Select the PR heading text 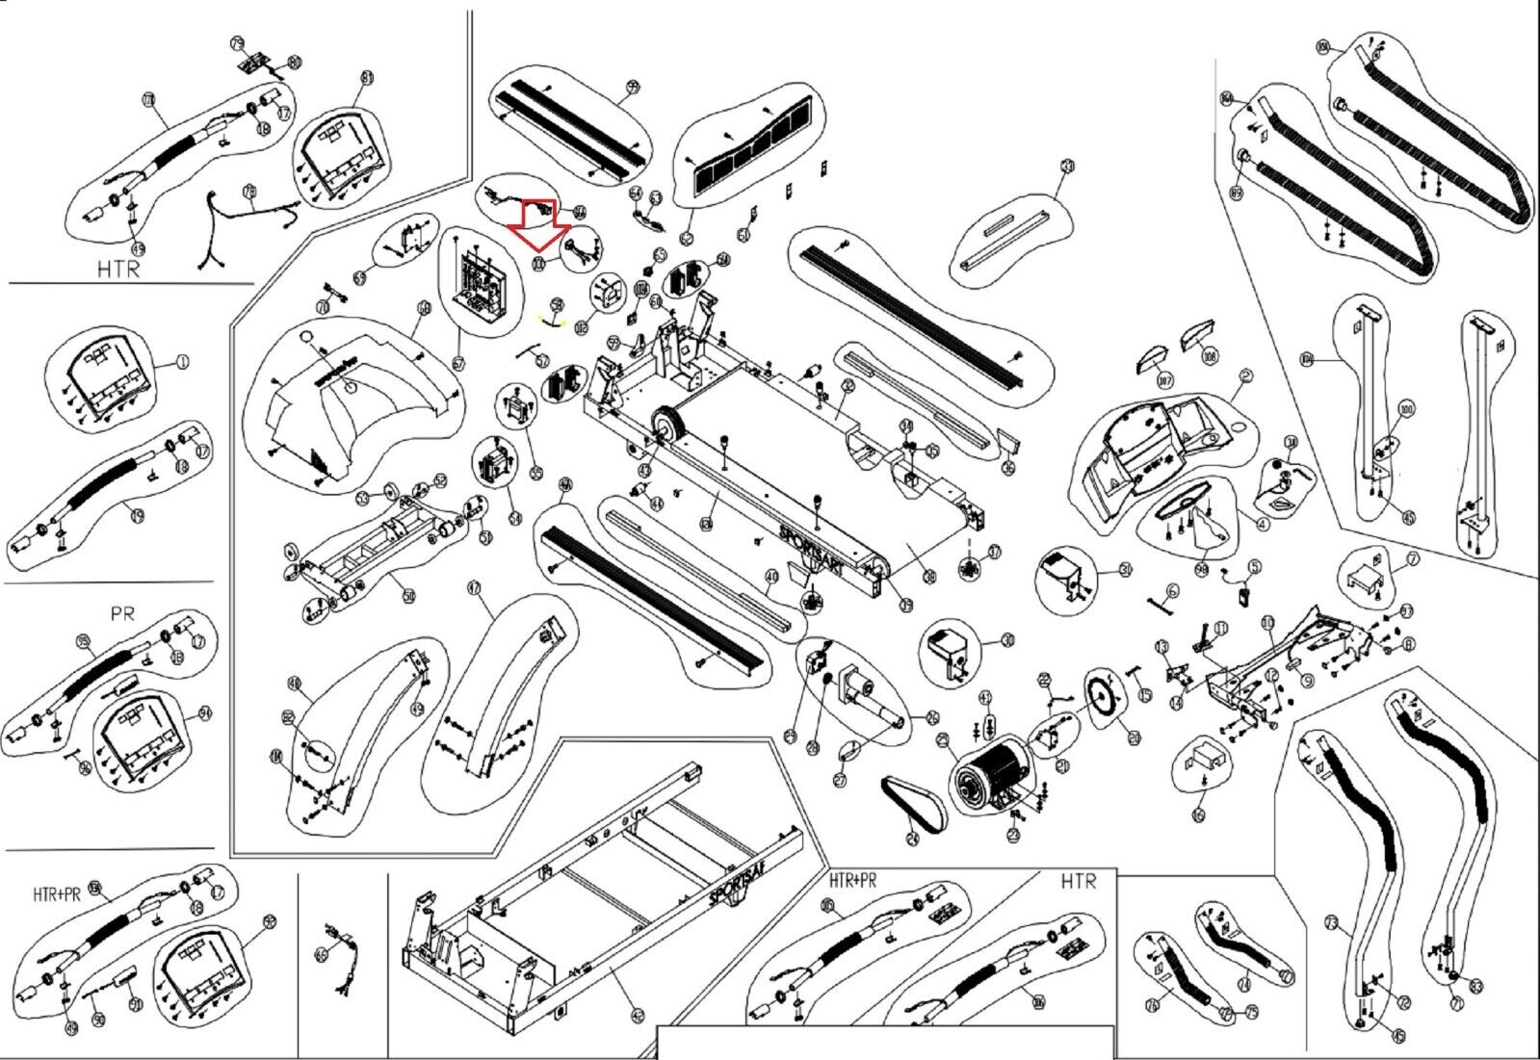pos(122,613)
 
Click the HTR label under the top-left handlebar pos(117,269)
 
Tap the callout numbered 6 pos(1172,590)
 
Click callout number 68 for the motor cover pos(423,307)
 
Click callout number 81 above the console pos(366,77)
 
